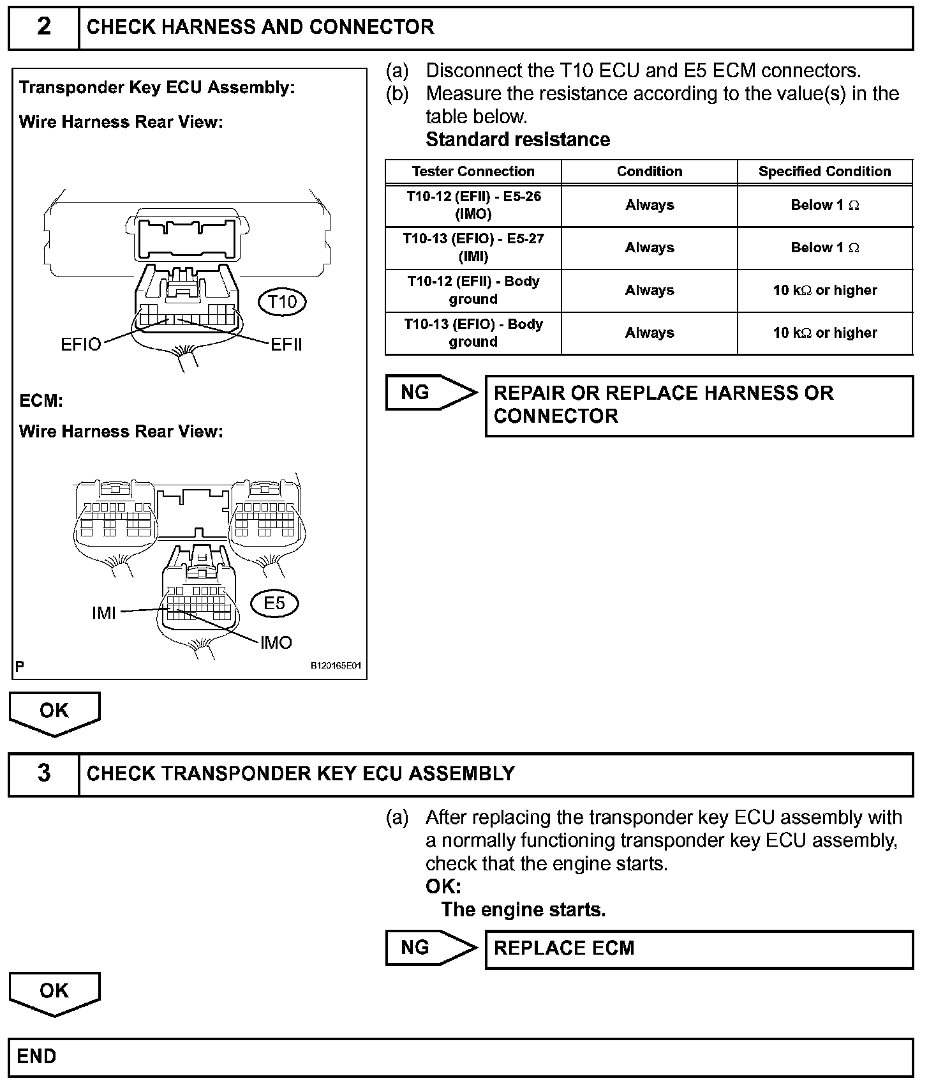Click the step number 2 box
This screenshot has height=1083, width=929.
[x=43, y=27]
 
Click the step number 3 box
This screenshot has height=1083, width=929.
[x=43, y=773]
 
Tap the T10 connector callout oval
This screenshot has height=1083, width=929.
[x=282, y=301]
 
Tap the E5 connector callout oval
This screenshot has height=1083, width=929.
[x=274, y=603]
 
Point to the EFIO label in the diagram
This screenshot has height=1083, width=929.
[x=80, y=345]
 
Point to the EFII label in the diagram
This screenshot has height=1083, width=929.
[x=286, y=345]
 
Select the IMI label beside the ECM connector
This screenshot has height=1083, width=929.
[x=104, y=613]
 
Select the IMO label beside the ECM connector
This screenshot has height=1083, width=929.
[x=276, y=642]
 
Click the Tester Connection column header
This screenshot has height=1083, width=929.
[x=473, y=171]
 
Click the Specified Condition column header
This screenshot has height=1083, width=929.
[x=824, y=171]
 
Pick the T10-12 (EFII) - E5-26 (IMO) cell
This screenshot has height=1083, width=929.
[x=473, y=205]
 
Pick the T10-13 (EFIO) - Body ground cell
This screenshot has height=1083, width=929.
[x=473, y=333]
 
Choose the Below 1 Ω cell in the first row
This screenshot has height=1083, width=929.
[x=824, y=205]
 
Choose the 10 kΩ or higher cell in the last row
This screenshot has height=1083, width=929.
[x=824, y=333]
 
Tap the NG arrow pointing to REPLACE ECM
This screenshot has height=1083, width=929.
[x=430, y=948]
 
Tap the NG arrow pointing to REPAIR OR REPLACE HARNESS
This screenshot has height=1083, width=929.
[x=430, y=392]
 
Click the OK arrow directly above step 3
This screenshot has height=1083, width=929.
[x=54, y=713]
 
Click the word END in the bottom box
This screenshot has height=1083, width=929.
[x=36, y=1056]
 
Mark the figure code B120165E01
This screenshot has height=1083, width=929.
[x=336, y=666]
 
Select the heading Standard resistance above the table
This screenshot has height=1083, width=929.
[x=517, y=140]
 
